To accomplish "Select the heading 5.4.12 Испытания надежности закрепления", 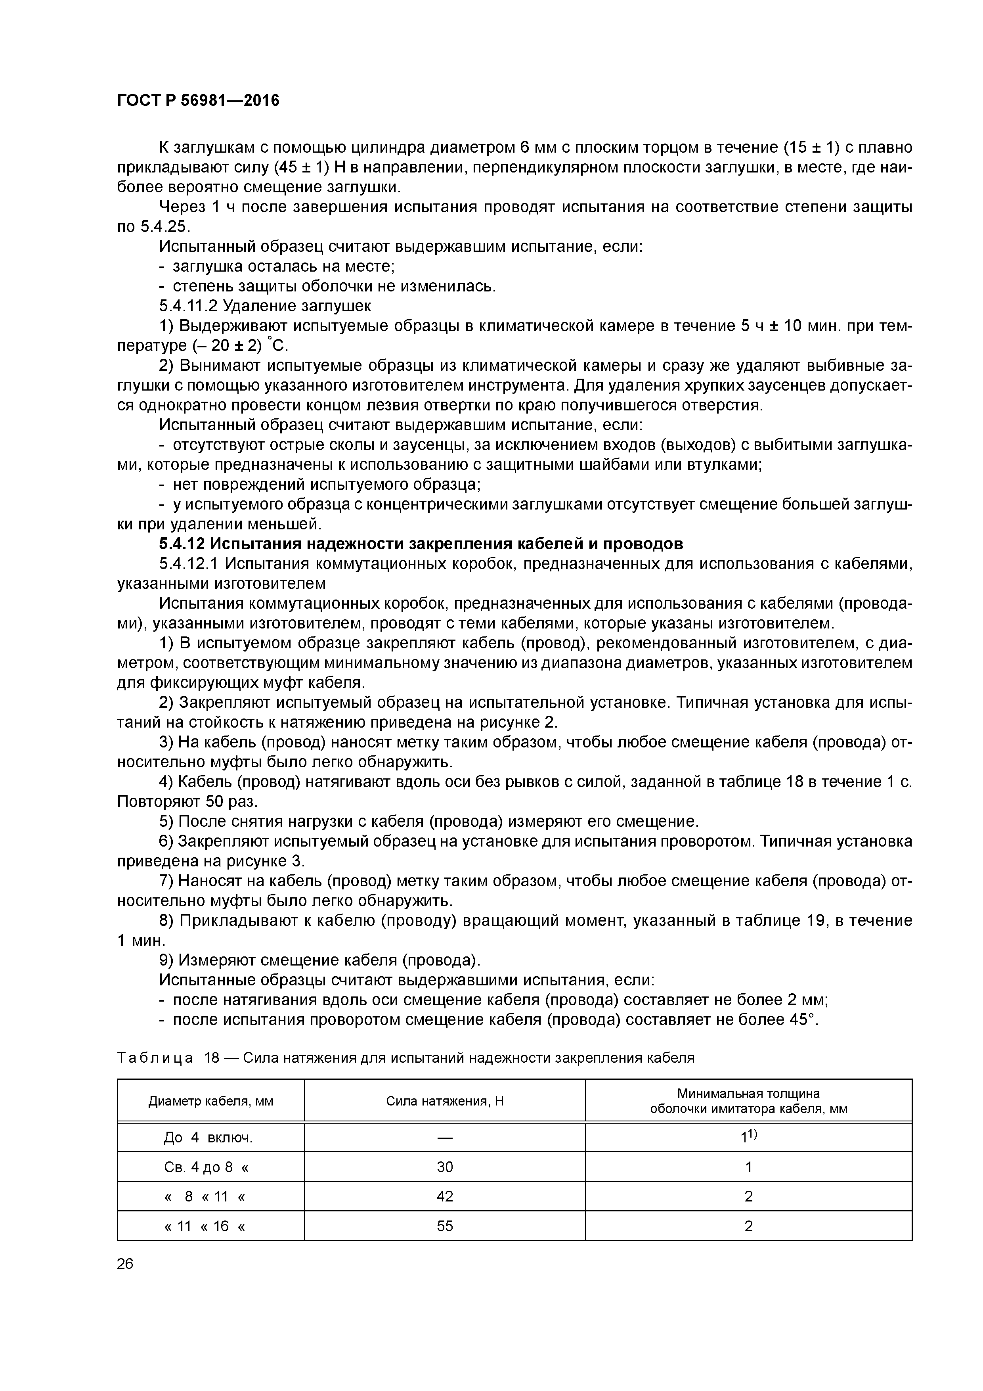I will pyautogui.click(x=421, y=544).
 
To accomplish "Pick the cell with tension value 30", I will pyautogui.click(x=445, y=1167).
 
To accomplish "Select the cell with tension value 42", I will pyautogui.click(x=445, y=1197).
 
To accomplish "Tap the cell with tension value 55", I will pyautogui.click(x=445, y=1226).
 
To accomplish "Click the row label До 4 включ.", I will pyautogui.click(x=208, y=1138).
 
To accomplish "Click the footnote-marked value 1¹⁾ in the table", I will pyautogui.click(x=749, y=1137).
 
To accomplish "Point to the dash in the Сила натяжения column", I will pyautogui.click(x=445, y=1138).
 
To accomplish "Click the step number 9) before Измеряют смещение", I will pyautogui.click(x=166, y=960).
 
